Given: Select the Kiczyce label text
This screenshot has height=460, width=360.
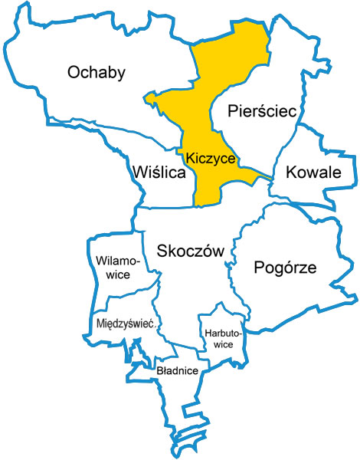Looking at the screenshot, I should coord(209,156).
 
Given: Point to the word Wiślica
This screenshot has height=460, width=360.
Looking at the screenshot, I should coord(159,172).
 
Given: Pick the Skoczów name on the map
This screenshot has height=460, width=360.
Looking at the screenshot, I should coord(189,251).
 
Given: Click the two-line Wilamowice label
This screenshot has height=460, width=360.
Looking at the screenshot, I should coord(117,268).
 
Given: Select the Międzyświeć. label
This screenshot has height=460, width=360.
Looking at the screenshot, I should coord(127,324).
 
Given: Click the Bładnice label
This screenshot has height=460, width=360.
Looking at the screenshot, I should coord(177,370).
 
